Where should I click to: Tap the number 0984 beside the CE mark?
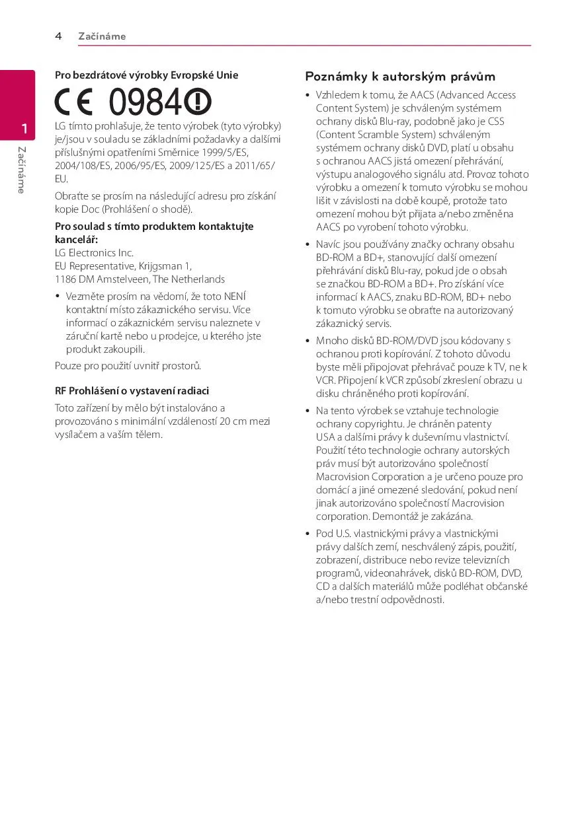tap(144, 103)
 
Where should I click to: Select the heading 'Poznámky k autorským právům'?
tap(400, 77)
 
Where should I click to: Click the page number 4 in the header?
tap(58, 36)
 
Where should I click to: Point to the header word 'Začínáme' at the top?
tap(102, 36)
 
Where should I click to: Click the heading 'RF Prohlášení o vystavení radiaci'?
tap(132, 391)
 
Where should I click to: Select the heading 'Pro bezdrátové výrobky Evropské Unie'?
tap(146, 75)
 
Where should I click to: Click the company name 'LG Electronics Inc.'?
tap(94, 253)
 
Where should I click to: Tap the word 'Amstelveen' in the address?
tap(123, 279)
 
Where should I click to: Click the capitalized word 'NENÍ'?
tap(235, 297)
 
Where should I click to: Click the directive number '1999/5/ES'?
tap(226, 153)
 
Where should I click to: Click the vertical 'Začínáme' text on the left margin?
tap(22, 170)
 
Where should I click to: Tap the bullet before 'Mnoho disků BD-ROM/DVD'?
tap(308, 341)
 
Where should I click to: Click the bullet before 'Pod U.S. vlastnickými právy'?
tap(308, 534)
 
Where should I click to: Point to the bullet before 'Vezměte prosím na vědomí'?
tap(58, 297)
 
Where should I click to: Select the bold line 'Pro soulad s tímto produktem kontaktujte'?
tap(154, 227)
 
